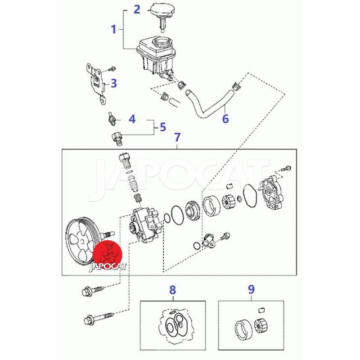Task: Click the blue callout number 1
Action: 114,29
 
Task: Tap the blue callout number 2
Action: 137,9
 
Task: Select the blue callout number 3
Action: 114,83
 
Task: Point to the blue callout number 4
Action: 132,119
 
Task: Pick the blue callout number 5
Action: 163,127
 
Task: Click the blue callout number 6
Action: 225,119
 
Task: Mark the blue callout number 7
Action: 177,137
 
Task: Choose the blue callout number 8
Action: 173,290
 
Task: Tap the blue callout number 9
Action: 252,289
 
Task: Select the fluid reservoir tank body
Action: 156,57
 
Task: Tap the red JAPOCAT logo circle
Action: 108,255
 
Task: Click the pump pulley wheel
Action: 84,241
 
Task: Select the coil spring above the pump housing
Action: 138,198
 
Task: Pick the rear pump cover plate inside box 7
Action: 271,193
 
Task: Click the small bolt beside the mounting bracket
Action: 112,69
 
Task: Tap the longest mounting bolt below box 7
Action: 99,318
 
